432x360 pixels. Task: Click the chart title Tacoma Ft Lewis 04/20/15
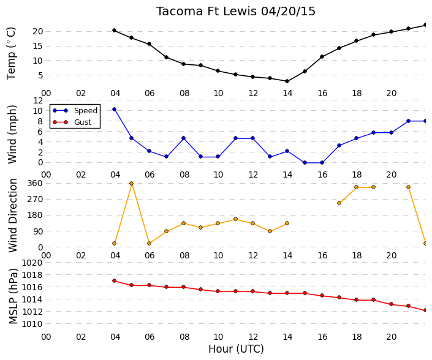[x=235, y=12]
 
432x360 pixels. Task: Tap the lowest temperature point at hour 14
[x=287, y=81]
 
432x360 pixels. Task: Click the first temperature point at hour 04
[x=115, y=30]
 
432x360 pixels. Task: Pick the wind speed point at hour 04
[x=115, y=109]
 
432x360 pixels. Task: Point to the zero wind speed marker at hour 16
[x=322, y=163]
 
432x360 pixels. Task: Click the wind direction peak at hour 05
[x=131, y=183]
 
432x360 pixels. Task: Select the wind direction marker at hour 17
[x=339, y=203]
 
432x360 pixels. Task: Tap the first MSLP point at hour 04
[x=115, y=281]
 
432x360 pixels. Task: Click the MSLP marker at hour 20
[x=391, y=304]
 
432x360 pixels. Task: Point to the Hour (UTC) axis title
[x=236, y=349]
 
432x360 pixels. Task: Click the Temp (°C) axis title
[x=11, y=53]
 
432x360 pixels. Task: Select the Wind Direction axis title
[x=13, y=216]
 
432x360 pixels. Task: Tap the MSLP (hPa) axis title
[x=13, y=296]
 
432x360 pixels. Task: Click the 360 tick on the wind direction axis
[x=35, y=183]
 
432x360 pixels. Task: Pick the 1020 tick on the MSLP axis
[x=32, y=263]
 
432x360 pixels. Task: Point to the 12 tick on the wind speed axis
[x=38, y=100]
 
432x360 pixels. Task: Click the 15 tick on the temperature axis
[x=38, y=46]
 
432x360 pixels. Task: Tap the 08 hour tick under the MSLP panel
[x=184, y=337]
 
